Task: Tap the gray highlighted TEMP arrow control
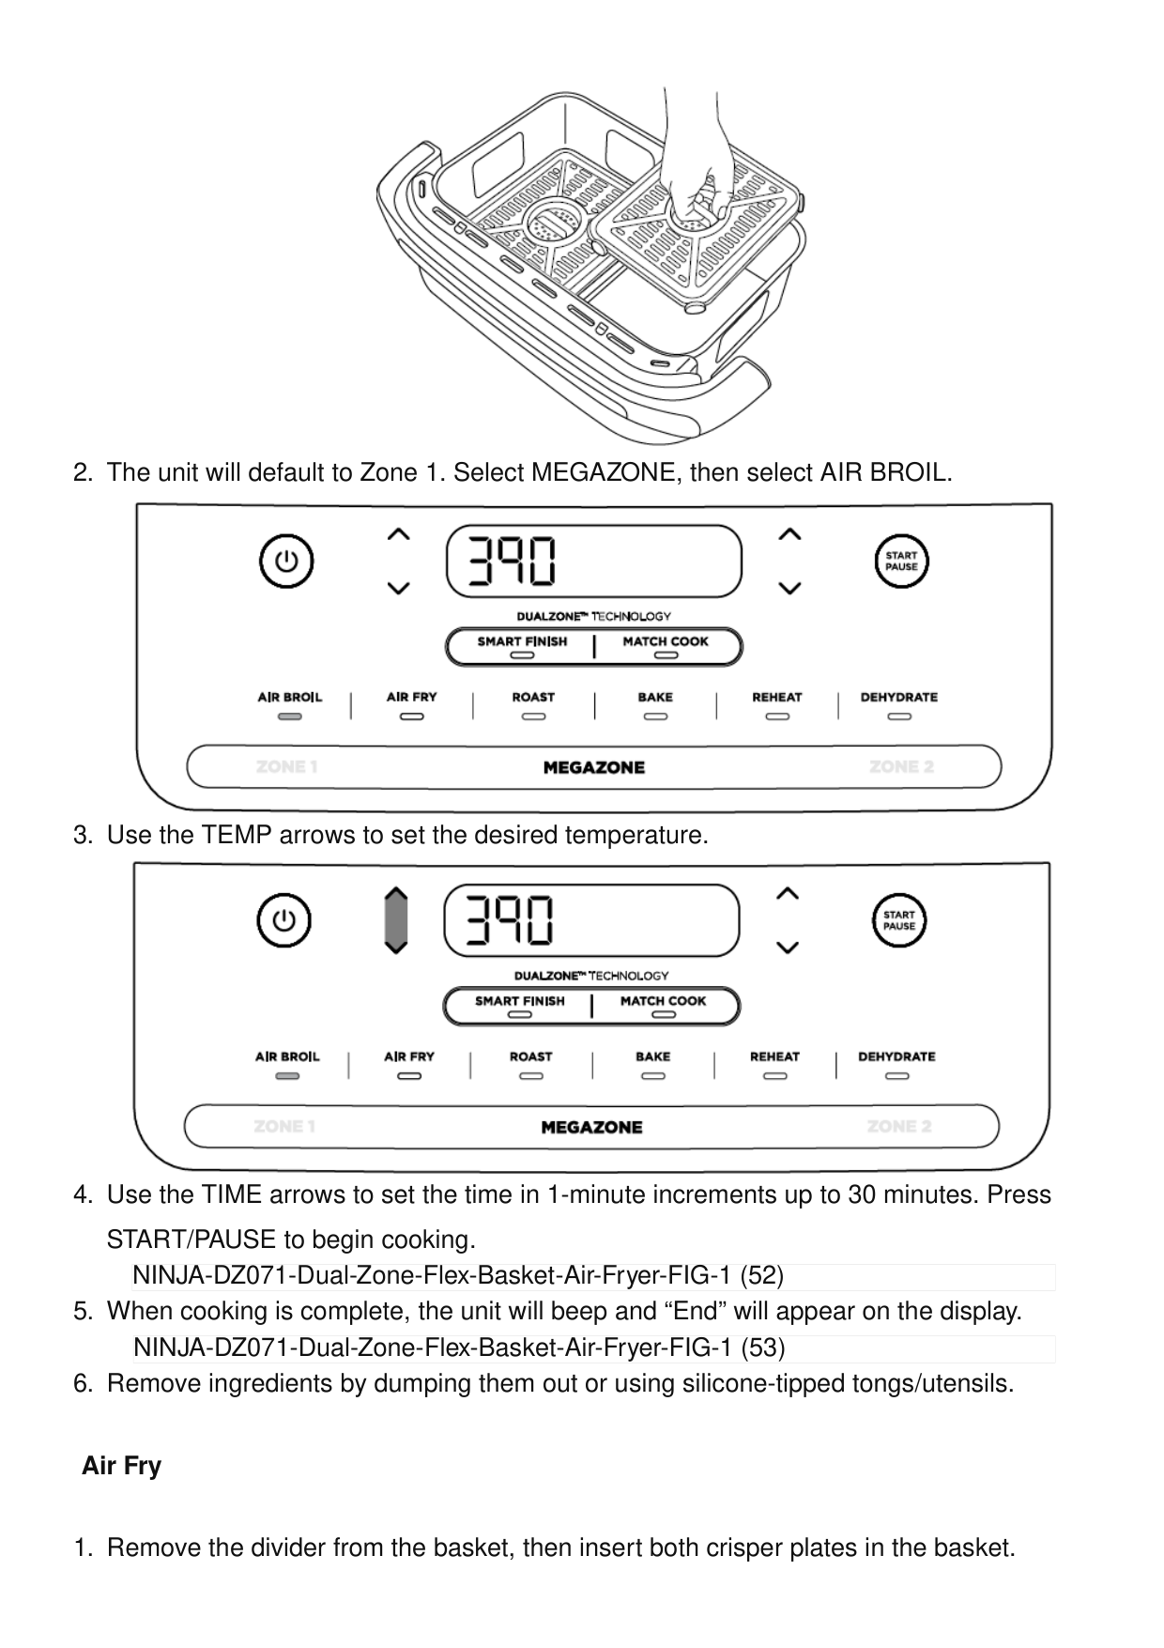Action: (x=396, y=920)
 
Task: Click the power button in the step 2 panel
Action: (x=285, y=562)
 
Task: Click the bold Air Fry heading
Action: (x=121, y=1466)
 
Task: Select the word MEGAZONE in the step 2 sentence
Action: (x=602, y=472)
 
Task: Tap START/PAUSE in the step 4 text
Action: (x=191, y=1240)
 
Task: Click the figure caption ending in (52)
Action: (x=458, y=1276)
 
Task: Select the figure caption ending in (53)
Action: (x=459, y=1348)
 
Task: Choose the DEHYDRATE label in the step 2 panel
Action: (x=898, y=698)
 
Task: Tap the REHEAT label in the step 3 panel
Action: (x=774, y=1056)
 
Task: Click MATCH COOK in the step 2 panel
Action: (x=666, y=642)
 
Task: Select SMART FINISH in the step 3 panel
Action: (x=520, y=1001)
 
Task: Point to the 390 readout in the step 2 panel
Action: (x=511, y=561)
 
